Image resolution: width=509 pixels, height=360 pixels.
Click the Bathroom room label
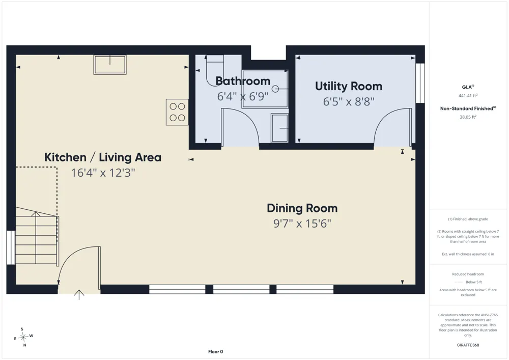coord(243,81)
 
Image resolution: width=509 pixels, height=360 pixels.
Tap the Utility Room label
coord(349,86)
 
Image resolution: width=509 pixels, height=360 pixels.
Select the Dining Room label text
coord(302,208)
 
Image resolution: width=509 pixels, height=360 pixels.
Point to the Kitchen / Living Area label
coord(103,157)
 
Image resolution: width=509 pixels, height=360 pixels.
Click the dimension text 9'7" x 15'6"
coord(302,224)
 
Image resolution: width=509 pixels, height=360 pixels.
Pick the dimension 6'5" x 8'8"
coord(349,102)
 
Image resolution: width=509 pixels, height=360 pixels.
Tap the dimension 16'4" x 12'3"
coord(103,173)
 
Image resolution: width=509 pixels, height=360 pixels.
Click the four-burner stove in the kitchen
coord(177,112)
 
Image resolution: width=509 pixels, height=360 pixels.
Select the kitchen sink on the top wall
coord(110,65)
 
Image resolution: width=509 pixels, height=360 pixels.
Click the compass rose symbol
coord(23,337)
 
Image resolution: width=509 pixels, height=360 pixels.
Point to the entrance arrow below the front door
coord(79,295)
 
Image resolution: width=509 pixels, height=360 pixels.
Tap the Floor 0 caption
coord(215,351)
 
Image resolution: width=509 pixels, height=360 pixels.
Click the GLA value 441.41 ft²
coord(468,95)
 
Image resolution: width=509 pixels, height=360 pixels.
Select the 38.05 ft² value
coord(468,117)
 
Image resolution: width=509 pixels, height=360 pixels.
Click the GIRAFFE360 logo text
coord(468,345)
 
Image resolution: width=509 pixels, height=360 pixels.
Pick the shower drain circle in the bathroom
coord(275,89)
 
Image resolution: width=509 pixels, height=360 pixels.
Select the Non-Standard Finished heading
coord(468,108)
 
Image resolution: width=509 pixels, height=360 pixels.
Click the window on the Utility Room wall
coord(420,83)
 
